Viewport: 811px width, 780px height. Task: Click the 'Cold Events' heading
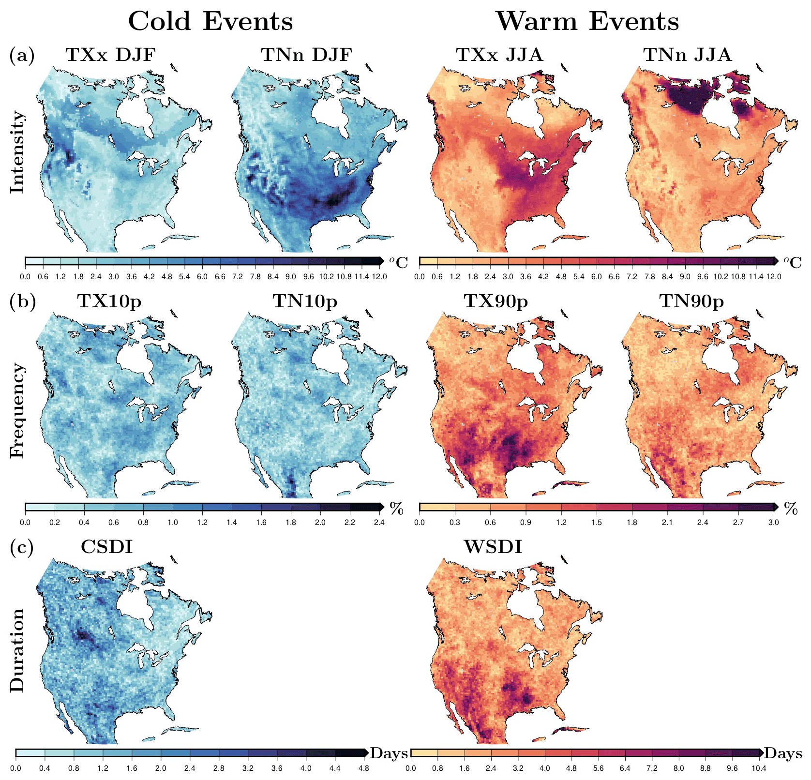click(x=210, y=22)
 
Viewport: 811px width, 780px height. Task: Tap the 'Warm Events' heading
click(x=587, y=22)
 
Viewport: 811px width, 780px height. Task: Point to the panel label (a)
click(x=22, y=56)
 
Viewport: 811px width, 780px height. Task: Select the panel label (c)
click(x=22, y=547)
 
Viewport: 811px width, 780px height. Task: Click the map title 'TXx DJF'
click(x=110, y=55)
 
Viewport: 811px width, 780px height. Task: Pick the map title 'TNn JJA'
click(x=687, y=55)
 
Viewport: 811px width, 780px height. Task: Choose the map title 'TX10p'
click(x=109, y=301)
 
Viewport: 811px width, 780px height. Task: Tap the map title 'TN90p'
click(x=691, y=301)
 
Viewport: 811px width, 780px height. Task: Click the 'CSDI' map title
click(x=106, y=547)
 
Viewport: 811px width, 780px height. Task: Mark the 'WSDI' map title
click(x=493, y=547)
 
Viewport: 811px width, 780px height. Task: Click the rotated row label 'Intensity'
click(x=17, y=152)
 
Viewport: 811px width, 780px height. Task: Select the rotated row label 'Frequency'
click(x=17, y=410)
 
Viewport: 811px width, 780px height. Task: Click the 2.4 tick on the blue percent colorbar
click(x=379, y=523)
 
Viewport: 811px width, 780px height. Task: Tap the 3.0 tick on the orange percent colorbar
click(x=773, y=523)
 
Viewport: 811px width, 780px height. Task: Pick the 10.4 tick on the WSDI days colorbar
click(x=758, y=768)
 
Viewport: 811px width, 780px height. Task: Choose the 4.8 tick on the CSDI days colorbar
click(x=363, y=768)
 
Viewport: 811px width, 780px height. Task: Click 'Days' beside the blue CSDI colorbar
click(x=389, y=753)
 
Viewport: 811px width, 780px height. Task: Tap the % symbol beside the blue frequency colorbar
click(x=396, y=509)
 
